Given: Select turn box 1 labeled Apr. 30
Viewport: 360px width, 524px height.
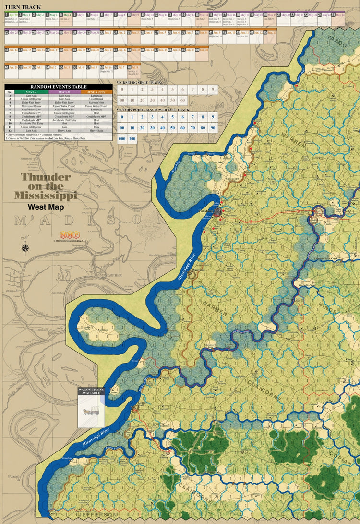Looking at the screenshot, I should point(11,17).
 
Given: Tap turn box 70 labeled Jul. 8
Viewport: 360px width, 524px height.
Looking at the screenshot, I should point(135,70).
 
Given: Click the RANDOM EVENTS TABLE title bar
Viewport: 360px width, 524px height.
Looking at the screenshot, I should point(58,87).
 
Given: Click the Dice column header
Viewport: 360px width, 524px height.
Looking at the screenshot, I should point(10,92).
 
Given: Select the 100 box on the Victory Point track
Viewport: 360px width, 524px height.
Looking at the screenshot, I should point(132,138).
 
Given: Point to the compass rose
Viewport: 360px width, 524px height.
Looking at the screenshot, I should point(25,248).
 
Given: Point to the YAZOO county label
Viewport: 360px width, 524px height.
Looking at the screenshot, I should point(336,42).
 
